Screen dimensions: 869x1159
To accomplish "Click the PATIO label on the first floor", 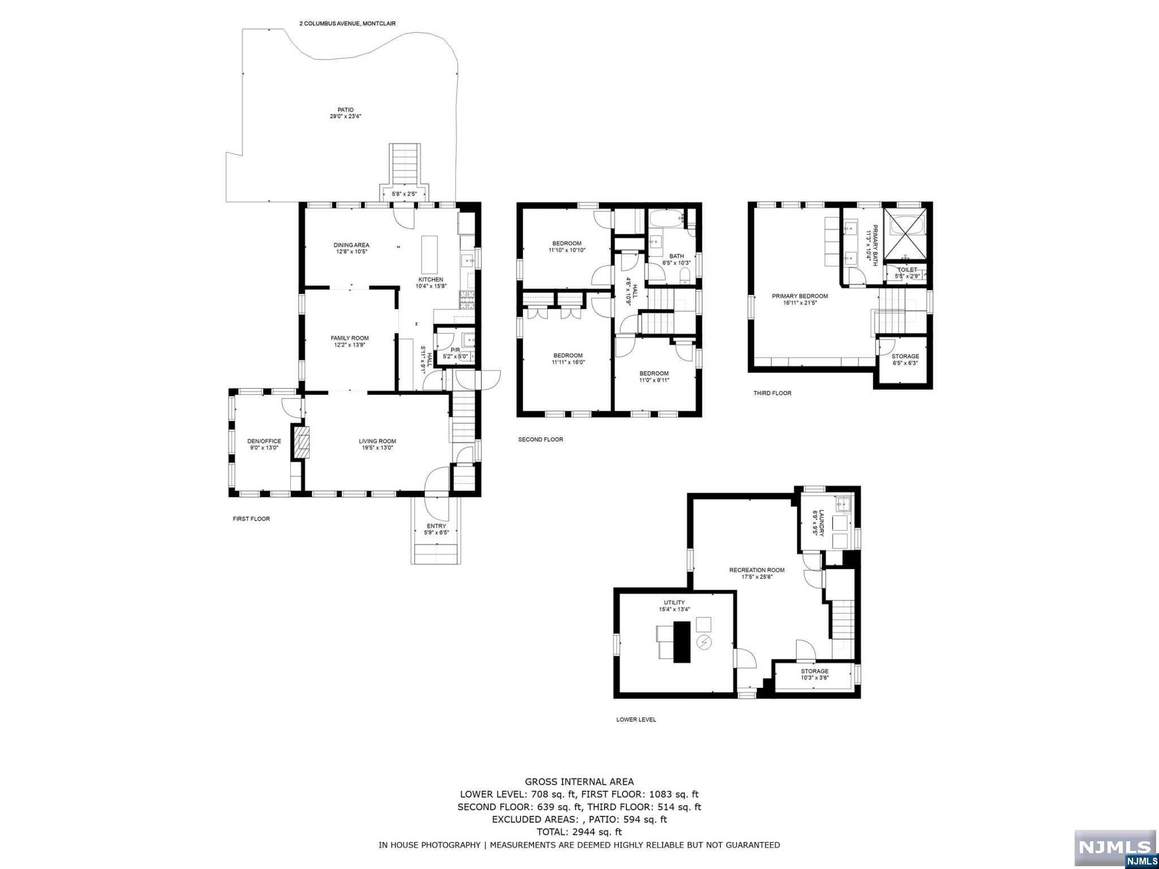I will [345, 110].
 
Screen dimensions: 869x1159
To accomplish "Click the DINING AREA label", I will [351, 245].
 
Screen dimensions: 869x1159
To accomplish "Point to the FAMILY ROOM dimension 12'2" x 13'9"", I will [350, 345].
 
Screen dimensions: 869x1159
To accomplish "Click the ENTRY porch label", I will [436, 526].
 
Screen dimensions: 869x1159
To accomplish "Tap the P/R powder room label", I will [455, 350].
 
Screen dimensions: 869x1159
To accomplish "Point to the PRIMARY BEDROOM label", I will [800, 296].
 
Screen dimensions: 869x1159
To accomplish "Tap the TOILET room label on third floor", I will [907, 270].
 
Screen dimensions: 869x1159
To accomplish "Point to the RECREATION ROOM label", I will [757, 570].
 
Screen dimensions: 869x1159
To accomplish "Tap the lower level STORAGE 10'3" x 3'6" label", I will [814, 671].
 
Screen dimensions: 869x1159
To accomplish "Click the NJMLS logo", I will [1114, 848].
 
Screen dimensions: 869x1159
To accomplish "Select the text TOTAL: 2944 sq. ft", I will [579, 832].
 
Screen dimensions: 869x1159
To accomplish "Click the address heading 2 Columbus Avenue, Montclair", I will [347, 24].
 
